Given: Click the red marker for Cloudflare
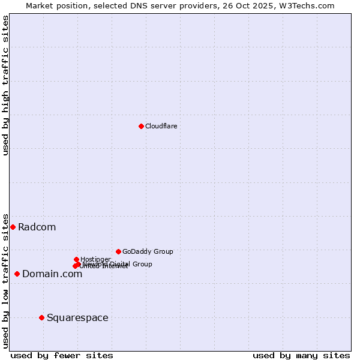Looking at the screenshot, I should pyautogui.click(x=141, y=126).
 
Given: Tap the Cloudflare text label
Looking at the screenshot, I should pyautogui.click(x=161, y=126).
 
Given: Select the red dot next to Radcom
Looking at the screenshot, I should pyautogui.click(x=13, y=227).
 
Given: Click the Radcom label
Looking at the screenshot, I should pyautogui.click(x=37, y=227).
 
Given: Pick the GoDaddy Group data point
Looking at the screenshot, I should pyautogui.click(x=118, y=251).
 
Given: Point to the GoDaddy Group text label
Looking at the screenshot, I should pyautogui.click(x=148, y=251).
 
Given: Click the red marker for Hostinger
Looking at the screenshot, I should pyautogui.click(x=76, y=259).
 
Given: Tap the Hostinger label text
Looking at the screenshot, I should pyautogui.click(x=95, y=259).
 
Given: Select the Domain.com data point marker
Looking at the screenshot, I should pyautogui.click(x=17, y=274).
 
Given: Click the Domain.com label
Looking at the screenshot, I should pyautogui.click(x=52, y=274).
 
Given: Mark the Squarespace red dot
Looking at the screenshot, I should pyautogui.click(x=41, y=317).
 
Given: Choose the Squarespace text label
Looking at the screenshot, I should pyautogui.click(x=77, y=317).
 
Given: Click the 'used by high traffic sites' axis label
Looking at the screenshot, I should pyautogui.click(x=5, y=85).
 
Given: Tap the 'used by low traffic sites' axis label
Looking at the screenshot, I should pyautogui.click(x=5, y=280).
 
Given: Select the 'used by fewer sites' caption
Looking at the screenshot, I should pyautogui.click(x=62, y=355).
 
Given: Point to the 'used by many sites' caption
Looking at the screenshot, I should pyautogui.click(x=301, y=355).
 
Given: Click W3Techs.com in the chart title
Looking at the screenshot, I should pyautogui.click(x=310, y=5).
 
